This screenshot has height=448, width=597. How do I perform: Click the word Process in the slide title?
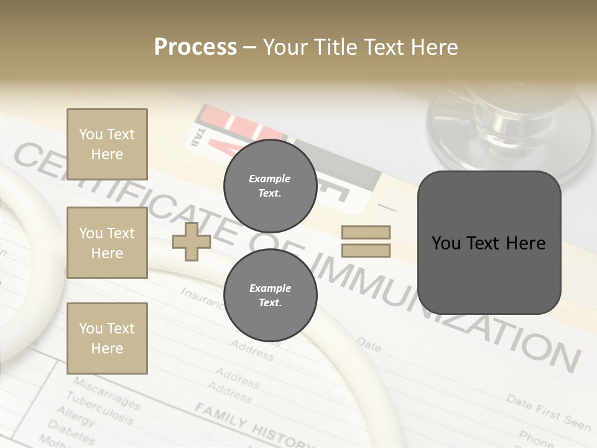195,47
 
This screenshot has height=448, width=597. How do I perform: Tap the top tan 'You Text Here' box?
107,144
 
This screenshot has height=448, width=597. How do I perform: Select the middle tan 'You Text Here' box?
107,243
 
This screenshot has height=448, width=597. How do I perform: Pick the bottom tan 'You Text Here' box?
107,338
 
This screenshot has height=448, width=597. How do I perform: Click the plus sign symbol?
192,241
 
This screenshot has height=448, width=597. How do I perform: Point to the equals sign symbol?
366,241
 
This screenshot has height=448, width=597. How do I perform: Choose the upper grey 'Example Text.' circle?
270,186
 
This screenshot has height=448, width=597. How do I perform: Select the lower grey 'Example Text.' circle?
270,296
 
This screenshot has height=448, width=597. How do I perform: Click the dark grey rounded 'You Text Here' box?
489,243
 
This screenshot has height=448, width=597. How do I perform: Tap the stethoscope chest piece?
510,124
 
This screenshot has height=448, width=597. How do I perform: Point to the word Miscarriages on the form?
106,392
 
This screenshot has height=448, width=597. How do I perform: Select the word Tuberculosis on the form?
99,407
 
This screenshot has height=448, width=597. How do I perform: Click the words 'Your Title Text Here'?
361,47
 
